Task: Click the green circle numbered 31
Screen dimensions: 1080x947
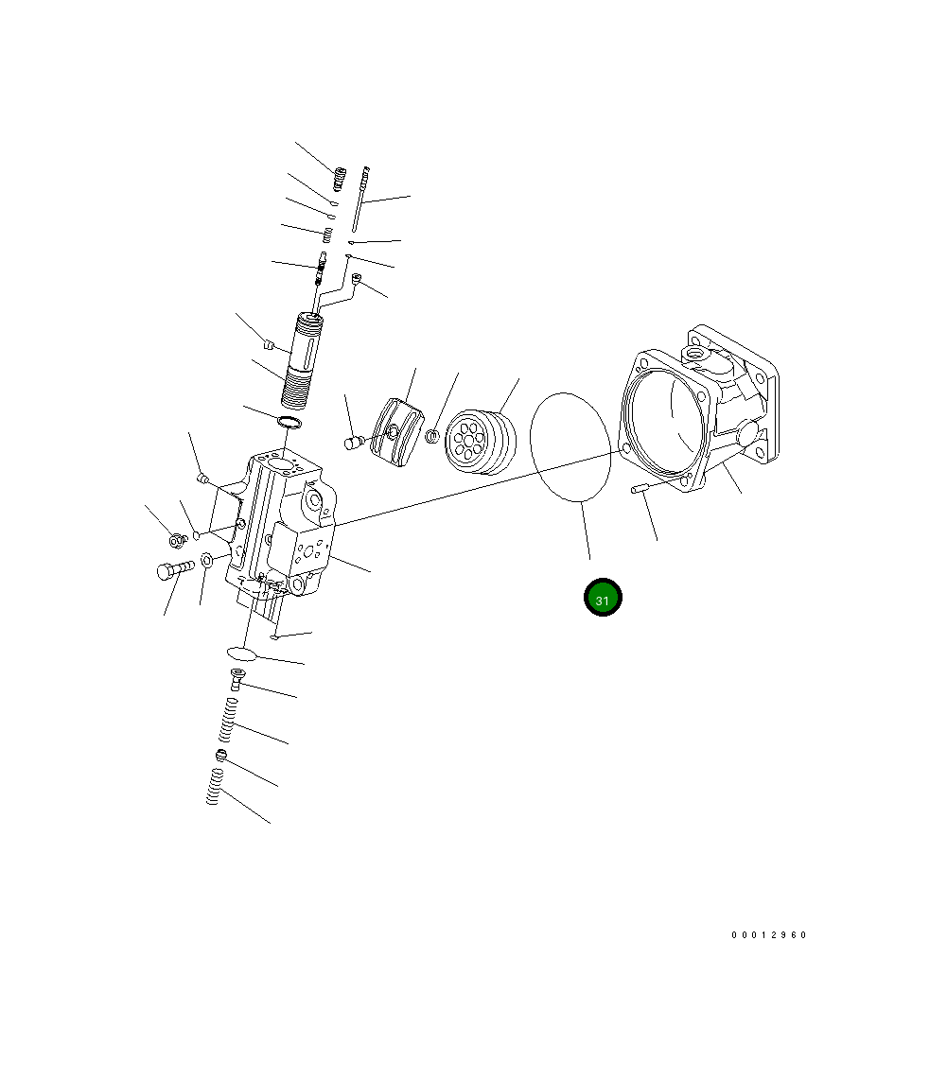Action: [603, 598]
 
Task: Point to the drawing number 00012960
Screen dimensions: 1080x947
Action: [768, 934]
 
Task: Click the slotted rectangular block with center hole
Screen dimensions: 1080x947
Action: [397, 432]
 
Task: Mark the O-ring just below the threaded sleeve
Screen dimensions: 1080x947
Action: [290, 421]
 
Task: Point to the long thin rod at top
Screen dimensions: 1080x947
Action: [360, 199]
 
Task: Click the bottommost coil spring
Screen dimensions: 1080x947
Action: [215, 787]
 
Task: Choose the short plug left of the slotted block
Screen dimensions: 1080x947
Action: [355, 441]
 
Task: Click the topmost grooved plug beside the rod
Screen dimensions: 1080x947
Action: [340, 176]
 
